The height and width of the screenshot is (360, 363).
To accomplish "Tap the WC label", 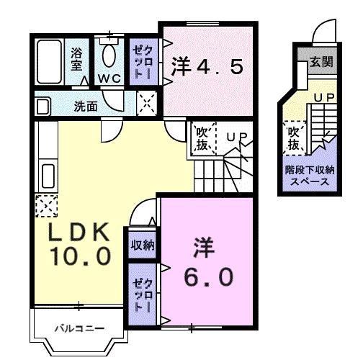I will click(x=109, y=78).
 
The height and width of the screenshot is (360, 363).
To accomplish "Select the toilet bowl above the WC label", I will click(x=109, y=54).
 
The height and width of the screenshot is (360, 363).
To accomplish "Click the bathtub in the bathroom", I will click(x=50, y=63).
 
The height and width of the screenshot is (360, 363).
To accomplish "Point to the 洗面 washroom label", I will click(x=86, y=106).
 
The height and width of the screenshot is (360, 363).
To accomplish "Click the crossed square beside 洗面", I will click(x=147, y=104).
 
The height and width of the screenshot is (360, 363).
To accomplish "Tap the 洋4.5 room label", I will click(x=207, y=68).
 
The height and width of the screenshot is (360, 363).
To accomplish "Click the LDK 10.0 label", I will click(x=79, y=243).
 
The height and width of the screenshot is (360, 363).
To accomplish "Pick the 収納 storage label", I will click(x=142, y=245).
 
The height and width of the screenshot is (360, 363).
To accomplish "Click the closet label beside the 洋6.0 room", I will click(x=140, y=292).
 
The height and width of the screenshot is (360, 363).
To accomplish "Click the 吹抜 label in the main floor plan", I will click(x=202, y=139).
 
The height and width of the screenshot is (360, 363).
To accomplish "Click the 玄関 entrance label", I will click(x=321, y=62).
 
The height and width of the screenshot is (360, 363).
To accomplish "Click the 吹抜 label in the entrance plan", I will click(x=294, y=138).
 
